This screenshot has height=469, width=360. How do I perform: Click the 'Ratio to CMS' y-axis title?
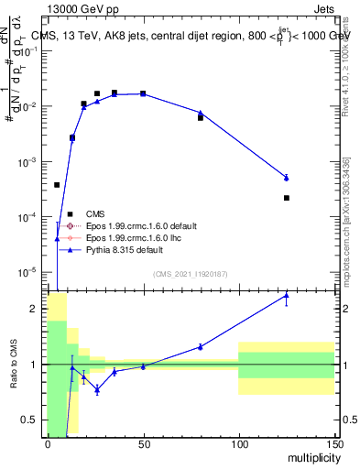[x=15, y=364]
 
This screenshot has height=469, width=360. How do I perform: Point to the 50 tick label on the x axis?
[x=142, y=443]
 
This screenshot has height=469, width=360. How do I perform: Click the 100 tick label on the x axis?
[x=238, y=443]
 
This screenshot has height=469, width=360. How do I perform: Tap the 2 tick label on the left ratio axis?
[x=38, y=309]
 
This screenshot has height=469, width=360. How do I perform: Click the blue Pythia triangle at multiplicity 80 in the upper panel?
[x=201, y=113]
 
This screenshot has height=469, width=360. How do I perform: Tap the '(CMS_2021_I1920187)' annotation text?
[x=190, y=274]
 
